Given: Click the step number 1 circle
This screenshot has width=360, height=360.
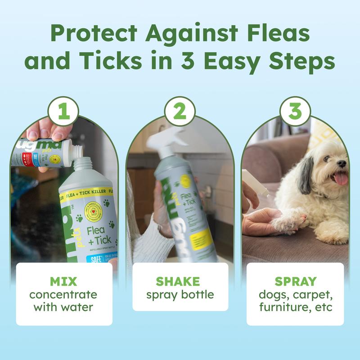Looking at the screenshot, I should coord(64,112).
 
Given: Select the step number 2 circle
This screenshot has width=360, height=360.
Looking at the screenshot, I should coord(180,112).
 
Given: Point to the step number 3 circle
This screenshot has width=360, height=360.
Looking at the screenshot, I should coord(295,112).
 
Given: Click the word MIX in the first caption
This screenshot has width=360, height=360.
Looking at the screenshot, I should coord(64,282).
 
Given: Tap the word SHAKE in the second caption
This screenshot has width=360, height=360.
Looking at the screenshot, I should coord(180,282).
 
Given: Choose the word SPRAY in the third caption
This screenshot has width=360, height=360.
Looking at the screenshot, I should coord(295,282).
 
